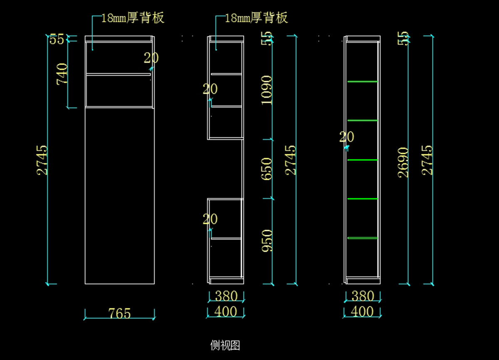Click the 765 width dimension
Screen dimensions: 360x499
[119, 313]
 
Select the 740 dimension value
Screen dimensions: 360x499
[62, 74]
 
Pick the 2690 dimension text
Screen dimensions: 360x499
[403, 162]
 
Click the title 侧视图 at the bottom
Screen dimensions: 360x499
[225, 345]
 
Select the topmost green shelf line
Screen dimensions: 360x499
[362, 82]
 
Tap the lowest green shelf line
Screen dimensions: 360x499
[362, 238]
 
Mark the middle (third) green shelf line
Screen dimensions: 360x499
[362, 160]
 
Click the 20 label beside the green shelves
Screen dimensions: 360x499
[346, 137]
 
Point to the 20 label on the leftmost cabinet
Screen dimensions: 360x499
[151, 58]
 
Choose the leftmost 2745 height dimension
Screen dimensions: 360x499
[42, 160]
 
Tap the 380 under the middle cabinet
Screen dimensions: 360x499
[226, 296]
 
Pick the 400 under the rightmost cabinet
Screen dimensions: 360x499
[362, 312]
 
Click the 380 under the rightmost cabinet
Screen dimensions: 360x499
[363, 296]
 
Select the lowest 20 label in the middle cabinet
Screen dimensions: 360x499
[210, 219]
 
